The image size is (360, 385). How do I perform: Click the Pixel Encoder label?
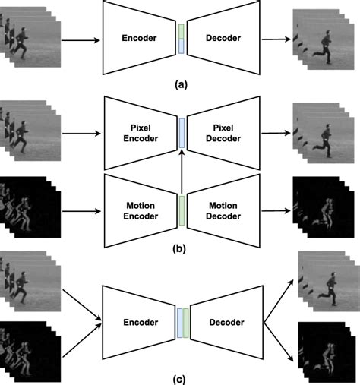pos(141,133)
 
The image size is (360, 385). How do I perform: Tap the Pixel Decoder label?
pos(223,133)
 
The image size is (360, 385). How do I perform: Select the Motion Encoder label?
pos(141,211)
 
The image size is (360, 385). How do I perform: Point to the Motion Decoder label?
pos(223,211)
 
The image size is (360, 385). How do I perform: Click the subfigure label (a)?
pos(181,84)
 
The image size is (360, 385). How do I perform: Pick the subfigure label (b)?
pos(179,248)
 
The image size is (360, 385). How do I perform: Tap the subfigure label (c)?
pos(179,380)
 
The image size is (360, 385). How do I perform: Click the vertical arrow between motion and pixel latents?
pos(182,172)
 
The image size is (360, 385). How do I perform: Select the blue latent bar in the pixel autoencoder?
pos(182,133)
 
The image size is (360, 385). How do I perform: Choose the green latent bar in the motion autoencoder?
pos(182,210)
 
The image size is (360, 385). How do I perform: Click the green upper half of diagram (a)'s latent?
pos(182,31)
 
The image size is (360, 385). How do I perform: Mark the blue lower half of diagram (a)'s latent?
pos(182,46)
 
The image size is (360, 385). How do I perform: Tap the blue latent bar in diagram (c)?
pos(180,323)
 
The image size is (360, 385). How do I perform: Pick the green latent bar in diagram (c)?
pos(186,323)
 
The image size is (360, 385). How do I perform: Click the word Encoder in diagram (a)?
pos(139,38)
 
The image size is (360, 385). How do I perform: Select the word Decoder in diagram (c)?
pos(226,322)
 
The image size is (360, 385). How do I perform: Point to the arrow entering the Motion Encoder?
pos(81,211)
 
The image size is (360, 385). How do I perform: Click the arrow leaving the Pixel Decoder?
pos(276,133)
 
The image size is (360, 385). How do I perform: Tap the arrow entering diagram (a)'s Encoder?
pos(81,40)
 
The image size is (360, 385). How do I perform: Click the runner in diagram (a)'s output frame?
pos(324,47)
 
